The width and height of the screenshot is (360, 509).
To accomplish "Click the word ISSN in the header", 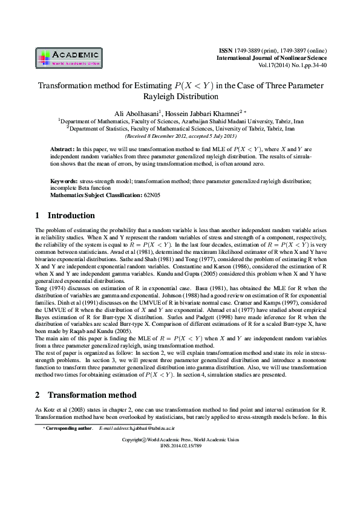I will tap(224, 50).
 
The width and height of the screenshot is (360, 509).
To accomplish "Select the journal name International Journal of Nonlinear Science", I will tap(270, 57).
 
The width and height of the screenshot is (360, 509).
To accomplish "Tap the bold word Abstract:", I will tap(62, 148).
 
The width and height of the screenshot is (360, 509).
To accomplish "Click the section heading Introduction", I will tap(71, 216).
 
